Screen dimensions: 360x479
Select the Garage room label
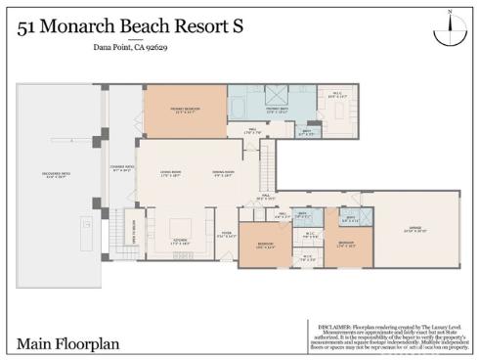click(415, 231)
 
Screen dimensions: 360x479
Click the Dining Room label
click(223, 176)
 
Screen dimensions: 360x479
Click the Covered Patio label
click(121, 169)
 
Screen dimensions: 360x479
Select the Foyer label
click(225, 235)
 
